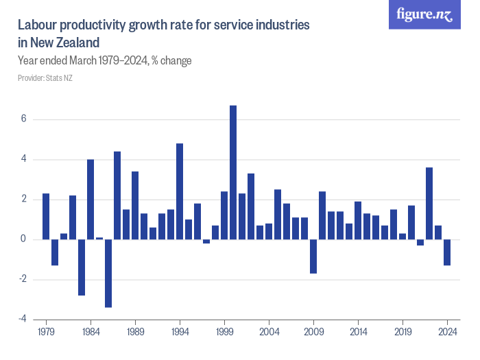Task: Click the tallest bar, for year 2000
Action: coord(233,172)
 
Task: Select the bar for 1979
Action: coord(46,216)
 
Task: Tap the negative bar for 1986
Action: coord(108,273)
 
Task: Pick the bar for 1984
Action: coord(91,200)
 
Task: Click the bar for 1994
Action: coord(180,191)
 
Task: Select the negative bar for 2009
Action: coord(313,256)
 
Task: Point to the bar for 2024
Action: coord(447,252)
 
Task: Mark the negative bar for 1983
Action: coord(82,267)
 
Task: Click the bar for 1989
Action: coord(135,205)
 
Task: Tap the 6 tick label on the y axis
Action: coord(23,119)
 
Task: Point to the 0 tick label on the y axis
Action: coord(23,240)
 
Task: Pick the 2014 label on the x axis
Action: coord(358,331)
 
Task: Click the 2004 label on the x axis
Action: coord(269,331)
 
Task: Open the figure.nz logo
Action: coord(424,15)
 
